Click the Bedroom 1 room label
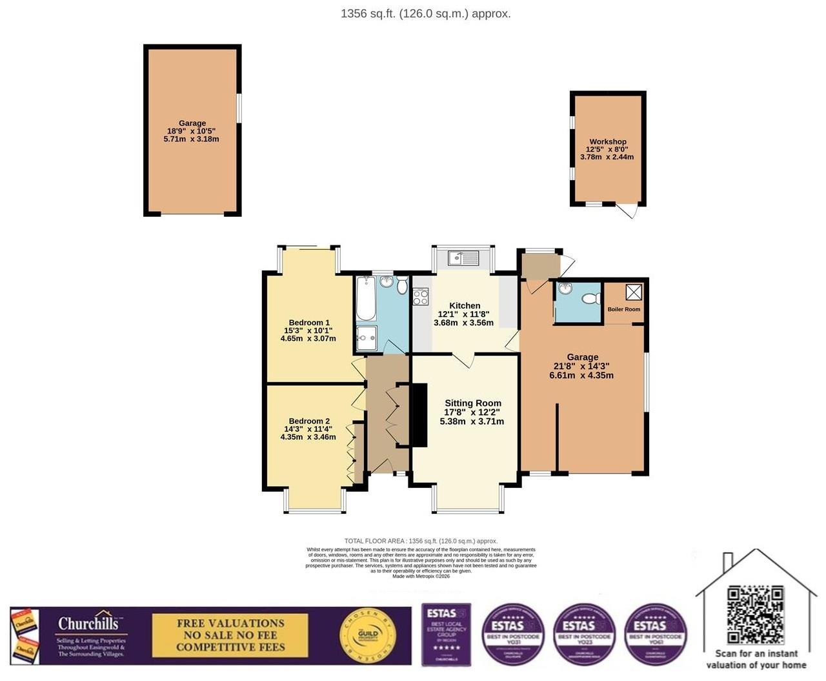(309, 323)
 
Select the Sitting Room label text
(472, 403)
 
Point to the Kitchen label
(465, 306)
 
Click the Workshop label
(607, 142)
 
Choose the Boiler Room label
(624, 309)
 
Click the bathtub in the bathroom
(366, 299)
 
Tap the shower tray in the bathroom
(367, 338)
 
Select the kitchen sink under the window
(464, 258)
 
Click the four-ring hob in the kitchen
(421, 297)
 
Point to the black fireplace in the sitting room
(419, 414)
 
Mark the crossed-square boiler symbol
(634, 292)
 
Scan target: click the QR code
(755, 615)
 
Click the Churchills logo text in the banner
(88, 624)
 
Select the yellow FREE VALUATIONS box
(230, 635)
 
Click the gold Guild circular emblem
(368, 636)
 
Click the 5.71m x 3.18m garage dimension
(192, 139)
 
